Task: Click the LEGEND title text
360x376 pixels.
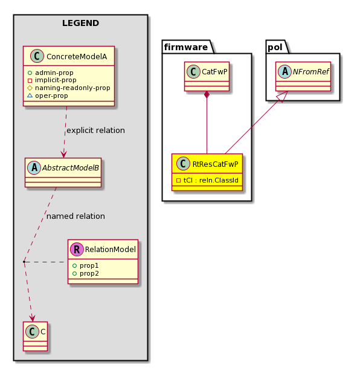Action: coord(80,23)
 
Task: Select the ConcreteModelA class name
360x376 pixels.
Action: coord(77,57)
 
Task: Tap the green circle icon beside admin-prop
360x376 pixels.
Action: coord(30,73)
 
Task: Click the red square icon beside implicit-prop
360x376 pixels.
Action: coord(30,80)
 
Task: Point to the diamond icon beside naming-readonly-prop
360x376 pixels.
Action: coord(30,88)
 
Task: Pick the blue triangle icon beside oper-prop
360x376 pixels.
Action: coord(30,96)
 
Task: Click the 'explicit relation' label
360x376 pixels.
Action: coord(95,131)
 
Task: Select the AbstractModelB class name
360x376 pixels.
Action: coord(71,168)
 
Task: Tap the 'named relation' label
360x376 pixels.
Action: coord(76,216)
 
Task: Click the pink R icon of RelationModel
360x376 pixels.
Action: coord(77,250)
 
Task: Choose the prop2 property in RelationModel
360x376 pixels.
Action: coord(89,274)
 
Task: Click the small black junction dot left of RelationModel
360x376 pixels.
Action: coord(24,262)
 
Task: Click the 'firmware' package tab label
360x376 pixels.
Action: coord(186,47)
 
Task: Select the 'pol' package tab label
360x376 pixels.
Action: coord(275,47)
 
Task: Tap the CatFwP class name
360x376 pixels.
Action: coord(214,72)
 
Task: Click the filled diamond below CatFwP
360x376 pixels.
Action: coord(207,95)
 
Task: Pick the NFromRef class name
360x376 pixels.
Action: coord(311,72)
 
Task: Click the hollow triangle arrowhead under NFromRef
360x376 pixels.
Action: coord(282,97)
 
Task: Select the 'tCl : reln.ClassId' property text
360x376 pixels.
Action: coord(211,180)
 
